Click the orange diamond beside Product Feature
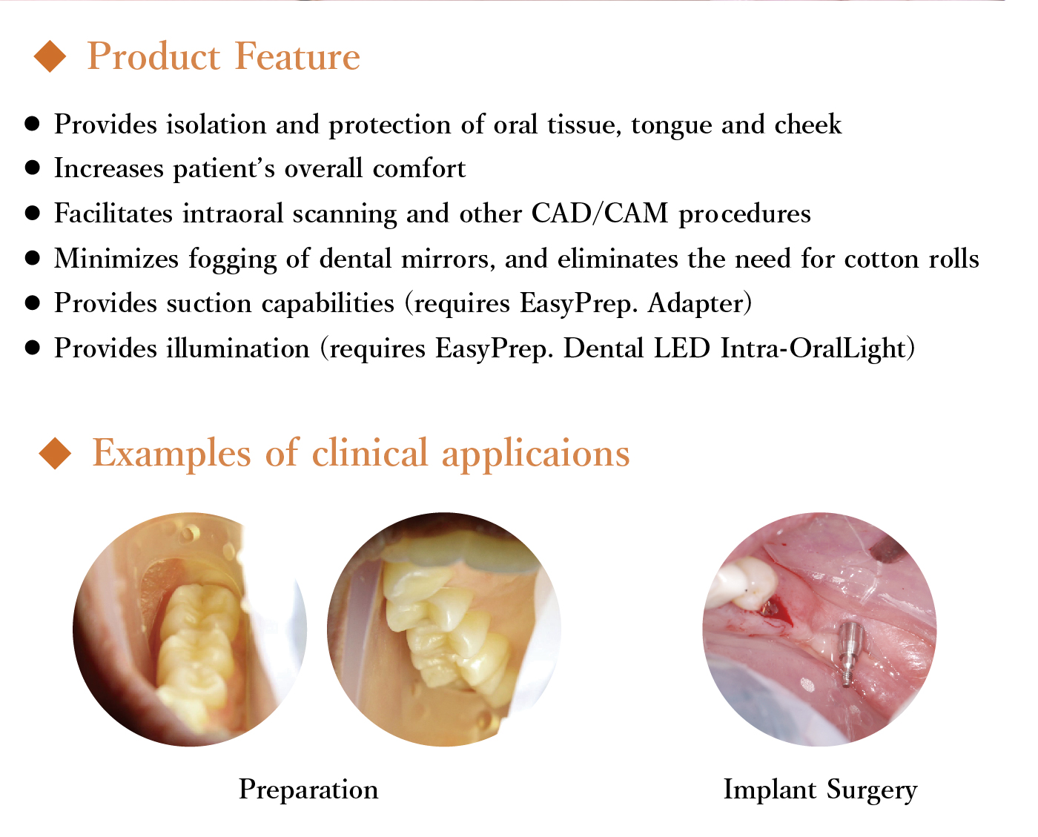point(50,56)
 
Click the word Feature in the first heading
point(297,56)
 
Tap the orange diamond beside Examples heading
point(55,453)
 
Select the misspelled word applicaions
point(536,454)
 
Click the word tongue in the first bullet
point(672,125)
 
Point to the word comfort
point(419,168)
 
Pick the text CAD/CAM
point(600,214)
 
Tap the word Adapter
point(699,303)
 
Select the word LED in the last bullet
point(682,348)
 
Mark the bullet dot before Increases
point(33,168)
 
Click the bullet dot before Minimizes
point(33,258)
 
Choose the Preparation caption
point(308,790)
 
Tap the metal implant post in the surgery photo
point(850,653)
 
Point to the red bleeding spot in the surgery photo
point(775,612)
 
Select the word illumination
point(238,348)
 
